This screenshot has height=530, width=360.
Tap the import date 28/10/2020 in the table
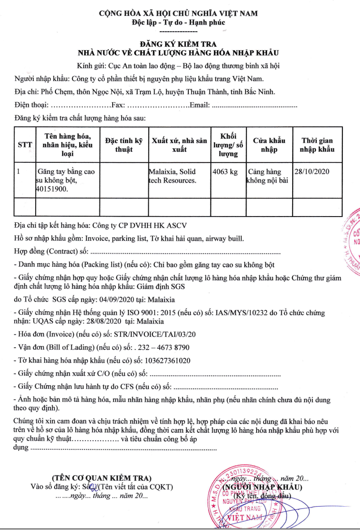click(312, 172)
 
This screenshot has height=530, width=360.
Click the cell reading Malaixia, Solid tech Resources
click(173, 176)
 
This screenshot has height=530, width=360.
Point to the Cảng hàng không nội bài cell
click(268, 176)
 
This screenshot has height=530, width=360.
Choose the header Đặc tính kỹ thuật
click(124, 145)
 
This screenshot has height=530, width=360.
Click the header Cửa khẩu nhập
click(269, 145)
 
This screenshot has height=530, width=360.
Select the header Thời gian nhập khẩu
click(317, 145)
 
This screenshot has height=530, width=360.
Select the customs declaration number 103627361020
click(166, 361)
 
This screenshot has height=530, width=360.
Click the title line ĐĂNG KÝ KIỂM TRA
click(178, 44)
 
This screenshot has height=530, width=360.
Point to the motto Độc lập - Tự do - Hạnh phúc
click(178, 22)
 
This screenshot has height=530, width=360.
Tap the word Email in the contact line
click(199, 106)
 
